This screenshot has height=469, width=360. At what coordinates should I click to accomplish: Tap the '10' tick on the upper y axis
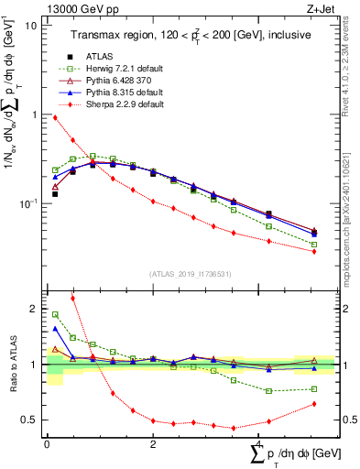tap(31, 25)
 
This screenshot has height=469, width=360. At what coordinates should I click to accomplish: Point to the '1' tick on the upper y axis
tap(35, 115)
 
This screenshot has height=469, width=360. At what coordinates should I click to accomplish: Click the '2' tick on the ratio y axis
tap(35, 309)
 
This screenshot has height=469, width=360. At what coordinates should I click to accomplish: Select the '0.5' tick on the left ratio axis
tap(30, 420)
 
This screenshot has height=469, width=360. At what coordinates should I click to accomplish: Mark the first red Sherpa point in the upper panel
tap(55, 117)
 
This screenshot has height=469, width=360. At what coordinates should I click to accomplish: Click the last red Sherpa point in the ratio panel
tap(314, 404)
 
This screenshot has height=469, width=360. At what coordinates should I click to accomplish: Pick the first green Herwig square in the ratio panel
tap(55, 314)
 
